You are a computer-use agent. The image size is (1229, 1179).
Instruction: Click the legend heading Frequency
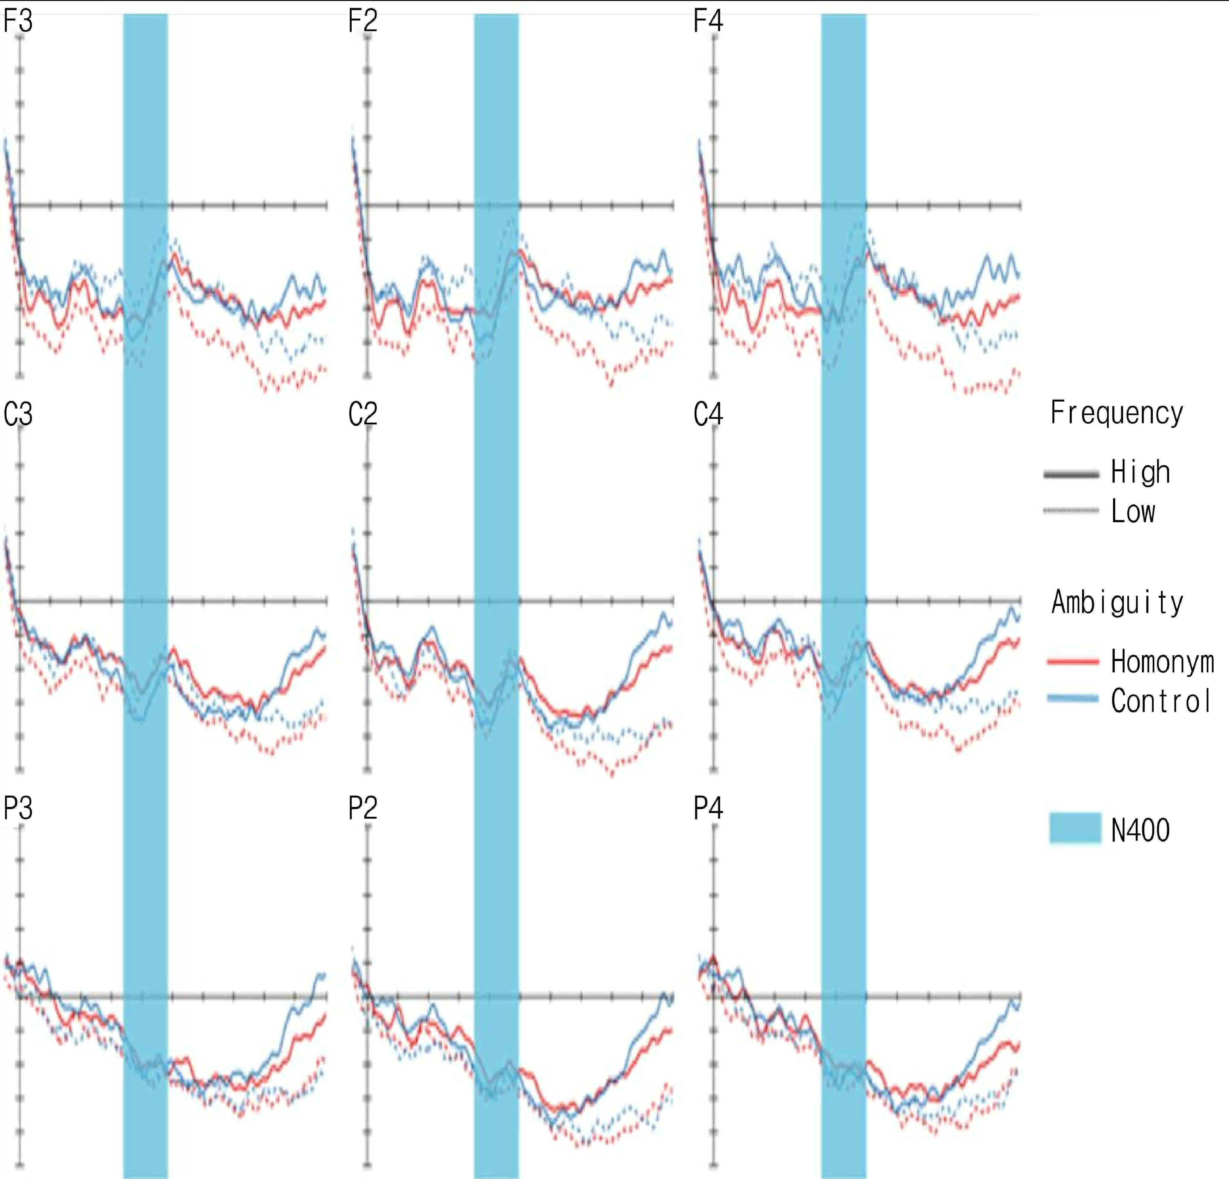[1117, 413]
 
